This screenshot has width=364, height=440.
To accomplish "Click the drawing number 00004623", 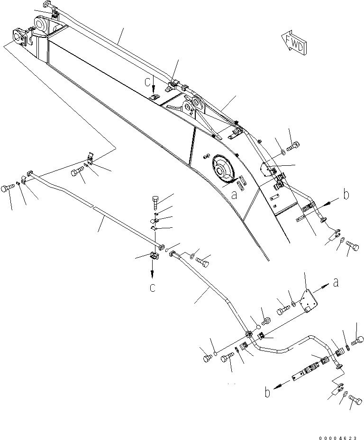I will point(338,432).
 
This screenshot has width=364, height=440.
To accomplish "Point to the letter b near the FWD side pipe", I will point(346,194).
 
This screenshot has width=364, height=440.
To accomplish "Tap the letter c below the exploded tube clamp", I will point(153,287).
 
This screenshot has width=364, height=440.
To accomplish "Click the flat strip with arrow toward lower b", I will point(301,375).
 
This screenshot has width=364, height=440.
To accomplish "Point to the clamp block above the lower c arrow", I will point(153,256).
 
